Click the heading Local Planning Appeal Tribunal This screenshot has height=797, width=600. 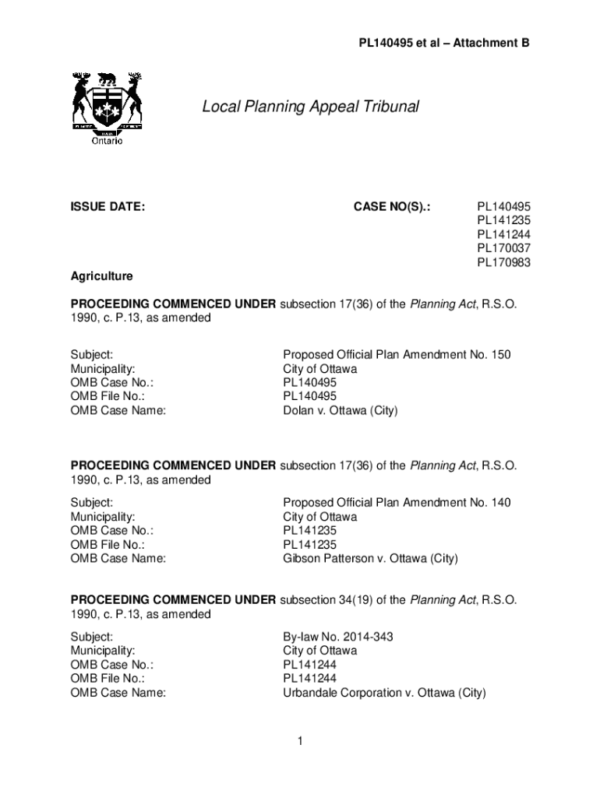click(x=310, y=107)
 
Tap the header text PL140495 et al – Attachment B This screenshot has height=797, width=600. click(x=444, y=44)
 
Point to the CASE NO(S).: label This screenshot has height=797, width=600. click(x=392, y=206)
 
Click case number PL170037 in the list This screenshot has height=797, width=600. click(x=503, y=248)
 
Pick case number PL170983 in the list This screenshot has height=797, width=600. click(x=503, y=262)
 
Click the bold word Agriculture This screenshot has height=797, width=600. click(x=101, y=276)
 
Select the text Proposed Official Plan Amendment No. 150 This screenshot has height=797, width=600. click(x=397, y=355)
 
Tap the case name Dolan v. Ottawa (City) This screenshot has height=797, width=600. click(x=340, y=411)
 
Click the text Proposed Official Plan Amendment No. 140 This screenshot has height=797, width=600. click(x=397, y=503)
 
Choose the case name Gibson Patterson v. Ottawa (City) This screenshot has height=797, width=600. click(x=370, y=559)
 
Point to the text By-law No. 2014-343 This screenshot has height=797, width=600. click(x=337, y=637)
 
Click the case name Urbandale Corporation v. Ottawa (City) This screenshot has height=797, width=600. click(x=384, y=693)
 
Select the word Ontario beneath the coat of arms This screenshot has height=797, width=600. click(x=107, y=141)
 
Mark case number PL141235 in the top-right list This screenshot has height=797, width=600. click(x=503, y=220)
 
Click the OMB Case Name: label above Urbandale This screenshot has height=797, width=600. click(x=118, y=693)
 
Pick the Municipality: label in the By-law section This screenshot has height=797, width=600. click(x=103, y=651)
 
